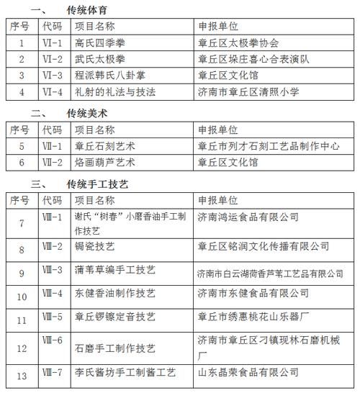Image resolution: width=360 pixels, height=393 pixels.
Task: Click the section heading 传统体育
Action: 91,10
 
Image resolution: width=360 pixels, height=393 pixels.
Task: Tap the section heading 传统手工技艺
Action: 97,184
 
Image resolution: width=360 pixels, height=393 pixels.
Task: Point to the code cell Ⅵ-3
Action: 53,76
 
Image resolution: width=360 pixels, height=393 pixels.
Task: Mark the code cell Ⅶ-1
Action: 53,146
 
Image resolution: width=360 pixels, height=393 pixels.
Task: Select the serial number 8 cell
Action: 22,248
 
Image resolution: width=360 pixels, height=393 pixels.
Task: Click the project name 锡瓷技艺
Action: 95,248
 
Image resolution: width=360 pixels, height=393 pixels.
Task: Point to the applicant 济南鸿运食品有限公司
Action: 248,217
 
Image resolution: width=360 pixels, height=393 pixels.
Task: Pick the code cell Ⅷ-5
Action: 53,317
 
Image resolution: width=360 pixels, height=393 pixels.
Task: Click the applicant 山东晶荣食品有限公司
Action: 248,373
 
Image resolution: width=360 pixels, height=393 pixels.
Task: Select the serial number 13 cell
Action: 22,373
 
